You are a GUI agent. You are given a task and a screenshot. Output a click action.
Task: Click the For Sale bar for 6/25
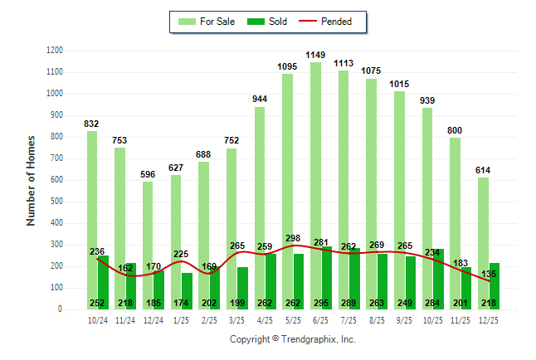click(315, 166)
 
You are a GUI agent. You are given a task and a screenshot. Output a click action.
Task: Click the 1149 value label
click(315, 55)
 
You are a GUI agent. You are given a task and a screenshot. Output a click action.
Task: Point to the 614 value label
click(483, 170)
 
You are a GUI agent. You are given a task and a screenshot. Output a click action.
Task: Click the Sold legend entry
click(268, 22)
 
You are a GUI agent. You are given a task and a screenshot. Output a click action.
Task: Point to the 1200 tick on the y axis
click(55, 51)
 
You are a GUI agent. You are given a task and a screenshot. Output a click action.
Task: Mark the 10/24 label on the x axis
click(97, 319)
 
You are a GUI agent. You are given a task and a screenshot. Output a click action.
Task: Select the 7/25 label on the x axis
click(347, 319)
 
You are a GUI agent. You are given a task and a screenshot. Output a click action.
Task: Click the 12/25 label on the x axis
click(489, 319)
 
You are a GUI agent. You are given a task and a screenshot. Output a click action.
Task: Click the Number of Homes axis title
click(31, 180)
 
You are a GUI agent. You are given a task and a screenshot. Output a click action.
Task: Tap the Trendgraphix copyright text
click(292, 339)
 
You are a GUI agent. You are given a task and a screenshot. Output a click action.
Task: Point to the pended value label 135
click(490, 274)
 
